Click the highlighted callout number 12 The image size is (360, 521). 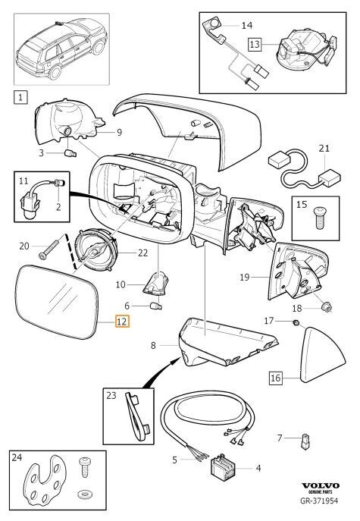[122, 322]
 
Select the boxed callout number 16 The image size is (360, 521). [276, 378]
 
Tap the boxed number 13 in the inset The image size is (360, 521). [255, 44]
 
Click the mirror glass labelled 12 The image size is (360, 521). [57, 302]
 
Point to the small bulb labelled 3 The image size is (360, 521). [70, 153]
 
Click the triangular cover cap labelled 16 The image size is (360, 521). [322, 356]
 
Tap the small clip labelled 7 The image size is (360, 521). [305, 441]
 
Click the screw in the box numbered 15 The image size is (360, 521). [319, 218]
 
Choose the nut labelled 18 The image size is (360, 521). [327, 306]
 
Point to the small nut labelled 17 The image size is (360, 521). [296, 322]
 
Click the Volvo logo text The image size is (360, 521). [320, 486]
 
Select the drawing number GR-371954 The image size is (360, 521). [319, 501]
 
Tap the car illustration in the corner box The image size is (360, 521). [61, 49]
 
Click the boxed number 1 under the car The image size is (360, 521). [20, 97]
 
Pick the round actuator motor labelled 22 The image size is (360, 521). [97, 250]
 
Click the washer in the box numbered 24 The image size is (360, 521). [85, 494]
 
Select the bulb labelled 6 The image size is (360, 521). [156, 306]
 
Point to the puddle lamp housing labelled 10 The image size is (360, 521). [156, 283]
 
